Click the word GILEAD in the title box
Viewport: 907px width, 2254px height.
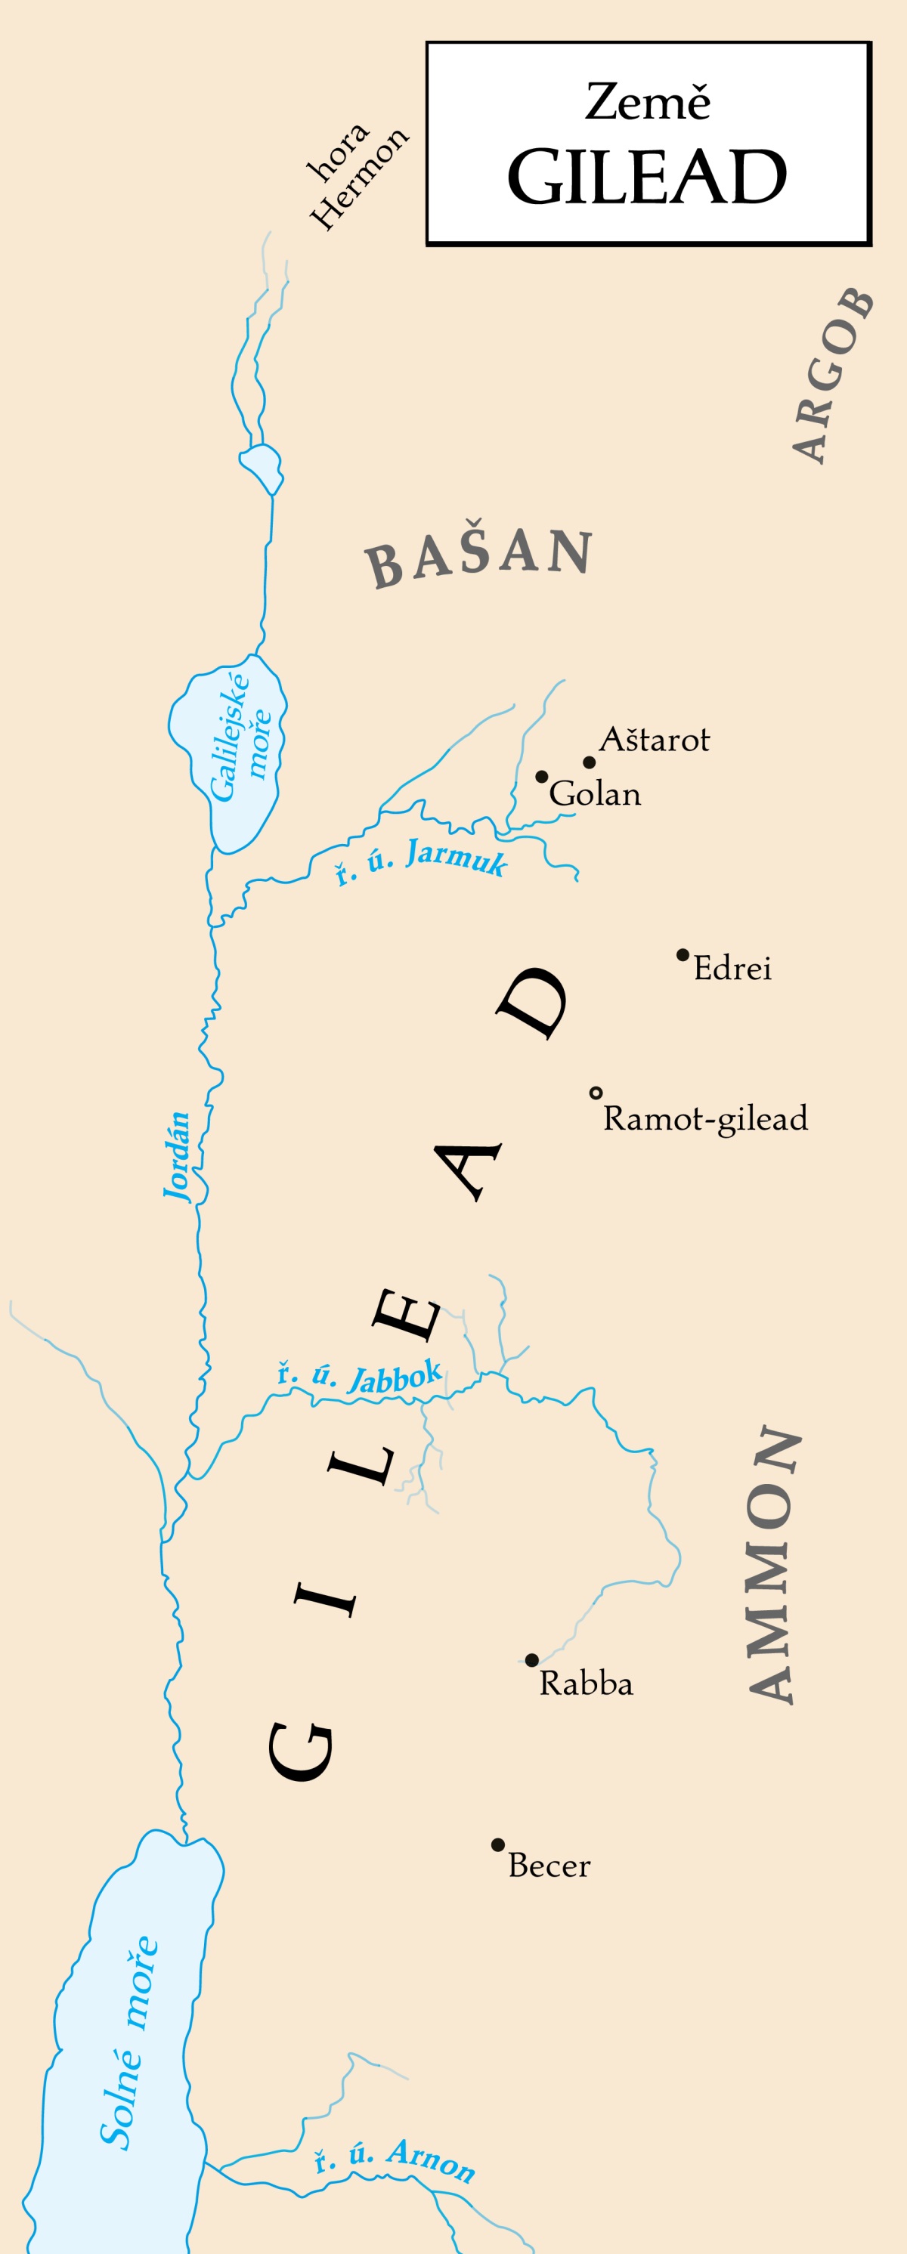(647, 178)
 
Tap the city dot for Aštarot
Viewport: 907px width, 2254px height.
(590, 762)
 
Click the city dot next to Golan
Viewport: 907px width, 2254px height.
(542, 776)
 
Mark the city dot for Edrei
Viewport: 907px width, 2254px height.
(683, 954)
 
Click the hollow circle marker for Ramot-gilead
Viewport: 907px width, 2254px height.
(596, 1093)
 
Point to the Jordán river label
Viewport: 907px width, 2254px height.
(178, 1156)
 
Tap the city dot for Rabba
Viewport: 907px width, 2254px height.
(531, 1660)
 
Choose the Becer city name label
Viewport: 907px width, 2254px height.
(549, 1865)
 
